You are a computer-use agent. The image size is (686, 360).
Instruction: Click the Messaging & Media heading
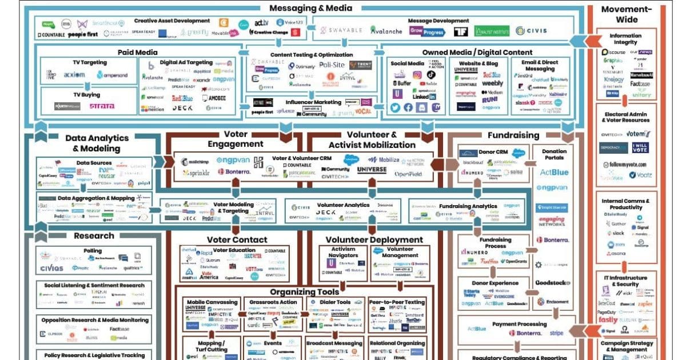[310, 8]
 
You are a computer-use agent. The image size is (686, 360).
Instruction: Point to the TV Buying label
[86, 95]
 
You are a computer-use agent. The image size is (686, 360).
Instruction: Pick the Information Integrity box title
[625, 39]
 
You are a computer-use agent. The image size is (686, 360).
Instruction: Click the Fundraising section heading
[513, 135]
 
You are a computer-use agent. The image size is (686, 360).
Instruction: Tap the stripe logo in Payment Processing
[556, 332]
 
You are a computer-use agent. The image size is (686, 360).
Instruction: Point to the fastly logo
[609, 319]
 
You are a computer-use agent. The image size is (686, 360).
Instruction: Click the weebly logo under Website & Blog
[492, 83]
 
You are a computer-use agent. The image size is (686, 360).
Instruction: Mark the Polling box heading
[93, 251]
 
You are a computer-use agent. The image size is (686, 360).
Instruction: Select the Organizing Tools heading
[304, 291]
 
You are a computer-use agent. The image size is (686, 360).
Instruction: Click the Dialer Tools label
[336, 302]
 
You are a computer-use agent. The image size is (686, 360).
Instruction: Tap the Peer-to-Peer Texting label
[397, 302]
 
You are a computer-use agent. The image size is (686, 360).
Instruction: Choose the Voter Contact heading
[237, 239]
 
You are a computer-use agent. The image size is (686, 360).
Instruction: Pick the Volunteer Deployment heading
[374, 239]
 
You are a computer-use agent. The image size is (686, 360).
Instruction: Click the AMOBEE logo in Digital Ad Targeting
[216, 98]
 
